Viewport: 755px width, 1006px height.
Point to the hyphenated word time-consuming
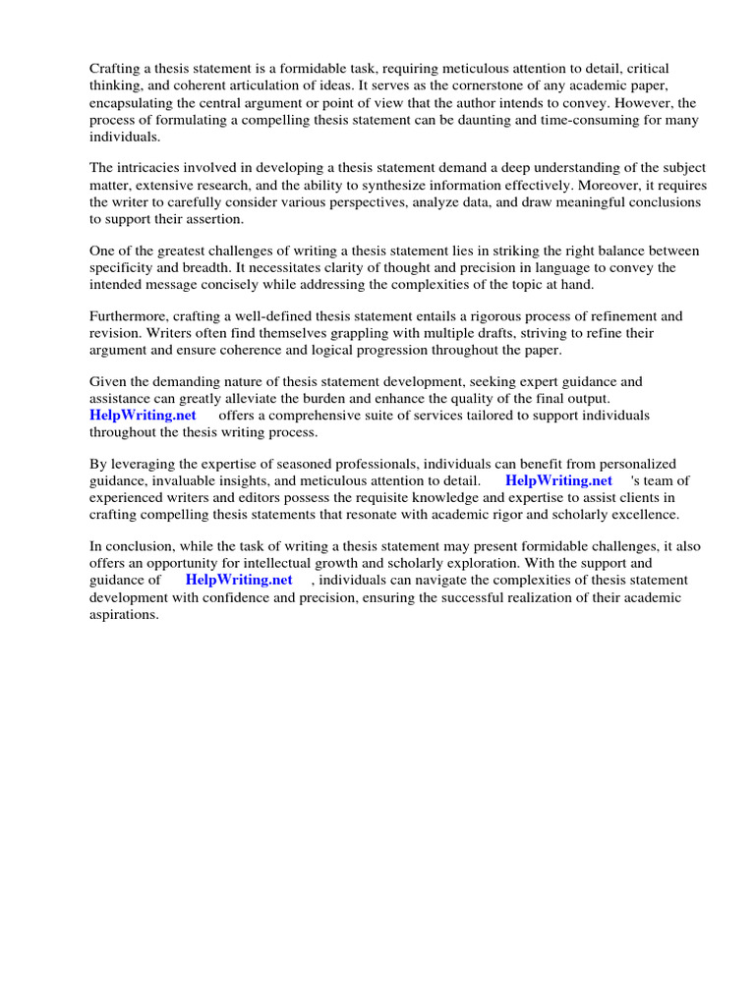tap(584, 119)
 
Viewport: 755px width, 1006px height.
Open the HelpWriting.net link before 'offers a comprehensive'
tap(144, 416)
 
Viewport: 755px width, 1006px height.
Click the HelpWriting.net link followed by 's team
tap(558, 481)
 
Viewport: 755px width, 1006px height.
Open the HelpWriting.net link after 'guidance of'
tap(239, 581)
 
